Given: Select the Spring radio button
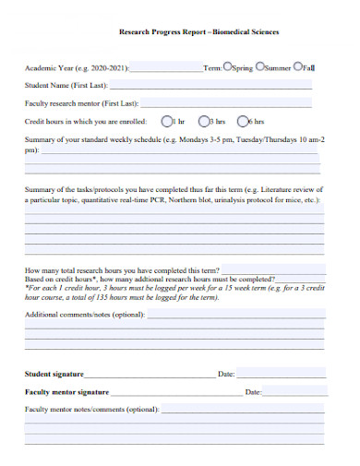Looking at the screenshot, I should [x=227, y=67].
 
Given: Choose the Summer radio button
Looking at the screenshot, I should [x=259, y=67].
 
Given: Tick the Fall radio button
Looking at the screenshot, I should [x=296, y=67].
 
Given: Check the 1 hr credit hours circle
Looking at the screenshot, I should [x=166, y=121].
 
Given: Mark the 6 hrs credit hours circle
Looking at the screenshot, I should [x=243, y=121].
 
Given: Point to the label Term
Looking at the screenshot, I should [x=212, y=68].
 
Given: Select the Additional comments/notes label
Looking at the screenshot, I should [x=84, y=315].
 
